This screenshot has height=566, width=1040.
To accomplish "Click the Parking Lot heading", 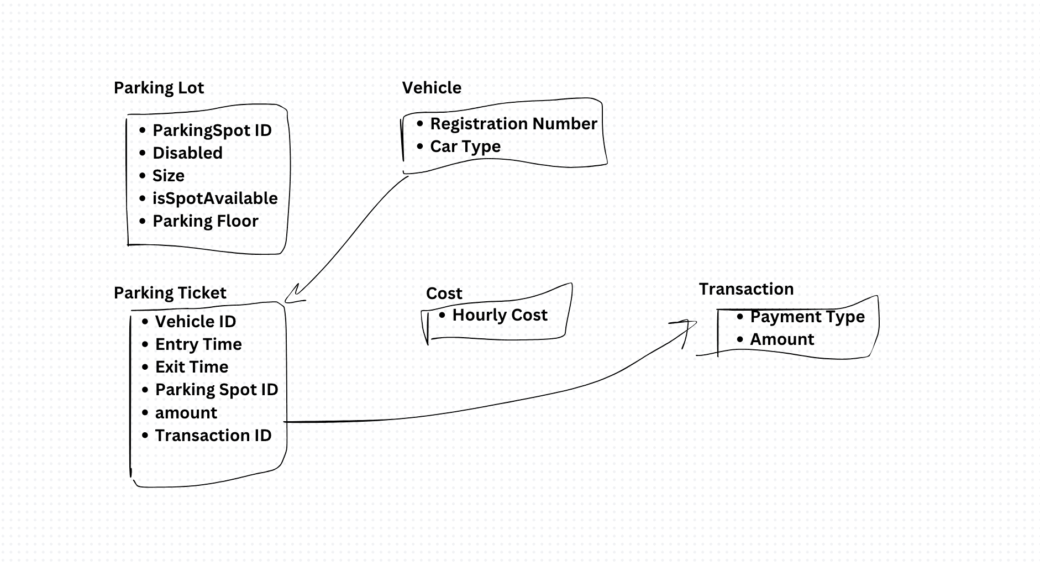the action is pos(159,88).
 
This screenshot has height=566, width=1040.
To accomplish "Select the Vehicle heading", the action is pos(432,87).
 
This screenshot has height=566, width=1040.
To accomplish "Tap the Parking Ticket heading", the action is pos(170,293).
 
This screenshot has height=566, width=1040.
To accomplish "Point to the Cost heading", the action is pos(444,294).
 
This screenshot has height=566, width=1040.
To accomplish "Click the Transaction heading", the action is pos(746,289).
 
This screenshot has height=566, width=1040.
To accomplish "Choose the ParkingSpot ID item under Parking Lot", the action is pos(212,130).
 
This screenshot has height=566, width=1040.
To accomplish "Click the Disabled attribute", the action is pos(187,153).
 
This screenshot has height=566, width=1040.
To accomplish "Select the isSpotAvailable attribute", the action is pos(215,198).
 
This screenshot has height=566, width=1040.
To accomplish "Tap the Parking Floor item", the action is pos(206,221).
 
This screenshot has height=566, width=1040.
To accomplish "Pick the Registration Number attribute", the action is pos(513,124).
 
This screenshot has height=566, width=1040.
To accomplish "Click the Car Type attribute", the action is pos(465,146).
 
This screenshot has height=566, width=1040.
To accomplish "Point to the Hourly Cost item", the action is pos(500,315).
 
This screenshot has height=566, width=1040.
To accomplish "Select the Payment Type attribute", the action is pos(807,317).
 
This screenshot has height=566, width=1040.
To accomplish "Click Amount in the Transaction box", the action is pos(782,339).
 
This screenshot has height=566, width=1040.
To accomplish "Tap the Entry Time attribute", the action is pos(198,344).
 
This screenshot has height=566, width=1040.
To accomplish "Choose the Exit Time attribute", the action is pos(192,367).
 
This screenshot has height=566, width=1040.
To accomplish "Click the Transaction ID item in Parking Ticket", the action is pos(213,436).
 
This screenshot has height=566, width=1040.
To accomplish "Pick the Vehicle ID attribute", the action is pos(196,322).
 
